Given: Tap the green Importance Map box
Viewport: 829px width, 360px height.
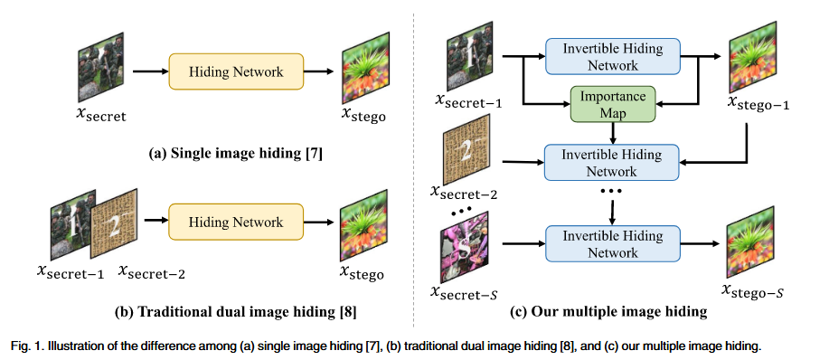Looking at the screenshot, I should (612, 104).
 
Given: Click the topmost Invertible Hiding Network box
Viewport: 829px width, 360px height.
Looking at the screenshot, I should (612, 56).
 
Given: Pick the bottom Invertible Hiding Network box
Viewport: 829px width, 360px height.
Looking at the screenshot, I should (612, 244).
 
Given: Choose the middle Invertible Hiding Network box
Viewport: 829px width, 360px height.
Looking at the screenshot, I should (612, 160).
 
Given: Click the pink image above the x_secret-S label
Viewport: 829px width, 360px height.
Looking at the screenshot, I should (463, 251).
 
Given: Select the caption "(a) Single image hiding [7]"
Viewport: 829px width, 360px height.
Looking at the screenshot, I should (236, 156).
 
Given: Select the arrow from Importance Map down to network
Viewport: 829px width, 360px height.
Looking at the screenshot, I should (612, 132).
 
